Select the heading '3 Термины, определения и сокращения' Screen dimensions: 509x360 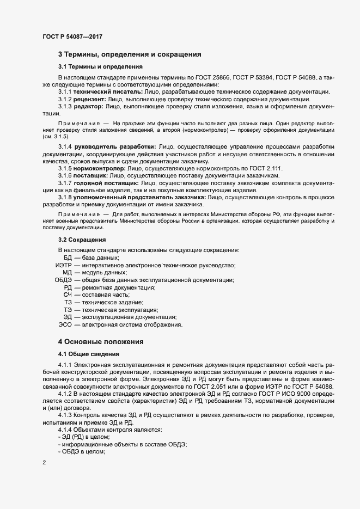130,54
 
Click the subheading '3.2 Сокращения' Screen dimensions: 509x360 82,240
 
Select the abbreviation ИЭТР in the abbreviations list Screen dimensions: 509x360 64,265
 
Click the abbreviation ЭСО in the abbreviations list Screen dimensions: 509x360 65,324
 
